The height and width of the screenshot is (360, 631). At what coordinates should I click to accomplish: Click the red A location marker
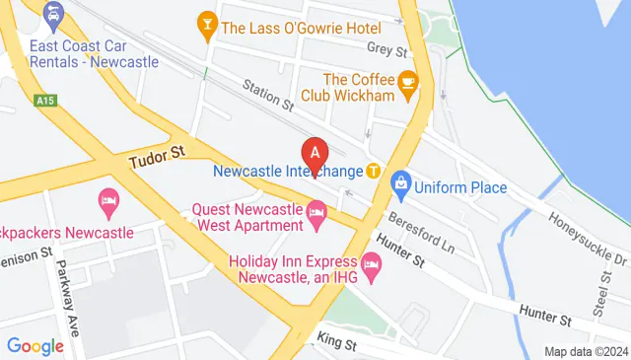[x=315, y=154]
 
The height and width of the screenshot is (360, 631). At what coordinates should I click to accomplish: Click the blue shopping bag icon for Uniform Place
[x=400, y=182]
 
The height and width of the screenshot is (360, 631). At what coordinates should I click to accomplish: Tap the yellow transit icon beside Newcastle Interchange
[x=374, y=170]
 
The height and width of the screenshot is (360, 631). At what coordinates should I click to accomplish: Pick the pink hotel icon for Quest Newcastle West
[x=316, y=212]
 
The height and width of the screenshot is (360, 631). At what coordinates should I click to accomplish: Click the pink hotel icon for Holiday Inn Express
[x=371, y=262]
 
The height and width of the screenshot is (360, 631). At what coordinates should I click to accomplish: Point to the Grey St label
[x=386, y=48]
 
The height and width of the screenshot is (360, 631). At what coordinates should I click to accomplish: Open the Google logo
[x=35, y=346]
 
